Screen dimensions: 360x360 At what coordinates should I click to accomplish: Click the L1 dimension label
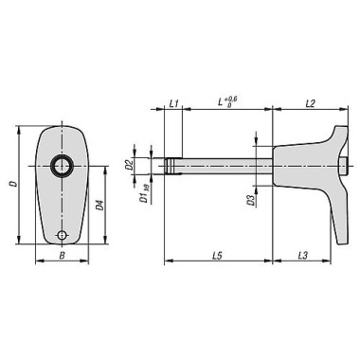click(x=174, y=103)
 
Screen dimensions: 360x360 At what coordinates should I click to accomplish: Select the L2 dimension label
click(x=311, y=103)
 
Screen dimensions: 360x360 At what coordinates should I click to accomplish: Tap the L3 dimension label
click(x=302, y=255)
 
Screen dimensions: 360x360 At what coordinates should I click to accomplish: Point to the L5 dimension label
click(x=218, y=255)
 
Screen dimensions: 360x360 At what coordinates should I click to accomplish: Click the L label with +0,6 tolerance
click(x=227, y=102)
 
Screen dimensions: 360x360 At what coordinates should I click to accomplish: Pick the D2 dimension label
click(x=129, y=165)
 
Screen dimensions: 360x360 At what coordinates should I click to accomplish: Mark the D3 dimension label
click(x=251, y=201)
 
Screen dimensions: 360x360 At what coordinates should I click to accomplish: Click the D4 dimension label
click(x=99, y=206)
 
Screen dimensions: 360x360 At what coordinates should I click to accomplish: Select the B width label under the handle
click(x=63, y=256)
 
